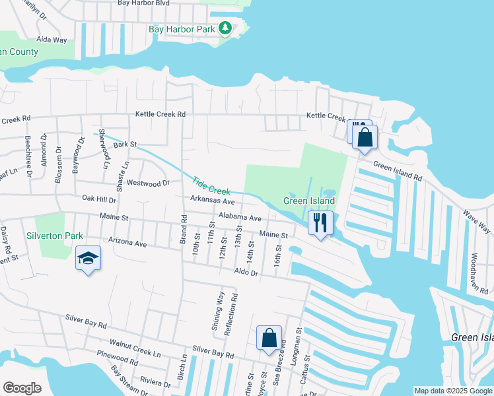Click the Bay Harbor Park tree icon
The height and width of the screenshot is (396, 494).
click(226, 28)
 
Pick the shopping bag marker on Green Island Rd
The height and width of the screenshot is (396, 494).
click(364, 137)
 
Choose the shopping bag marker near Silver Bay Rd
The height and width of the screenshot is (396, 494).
click(269, 338)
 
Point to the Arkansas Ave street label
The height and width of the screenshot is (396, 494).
click(213, 201)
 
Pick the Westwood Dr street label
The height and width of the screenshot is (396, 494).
click(148, 182)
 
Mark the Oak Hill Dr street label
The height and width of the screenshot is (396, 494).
click(99, 199)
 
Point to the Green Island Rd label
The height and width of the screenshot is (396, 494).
click(397, 172)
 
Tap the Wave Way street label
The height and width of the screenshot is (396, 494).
click(476, 221)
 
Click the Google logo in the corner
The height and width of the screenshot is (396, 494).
click(22, 387)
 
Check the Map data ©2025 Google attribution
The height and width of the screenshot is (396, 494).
click(452, 391)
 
